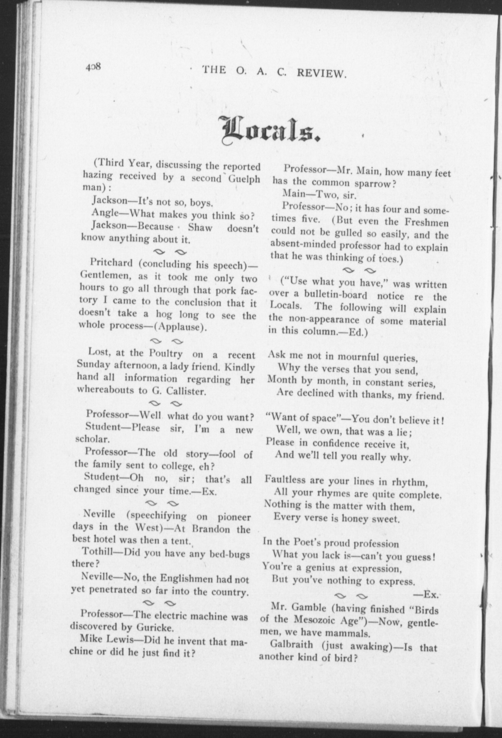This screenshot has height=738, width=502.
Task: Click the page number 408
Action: (x=93, y=67)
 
